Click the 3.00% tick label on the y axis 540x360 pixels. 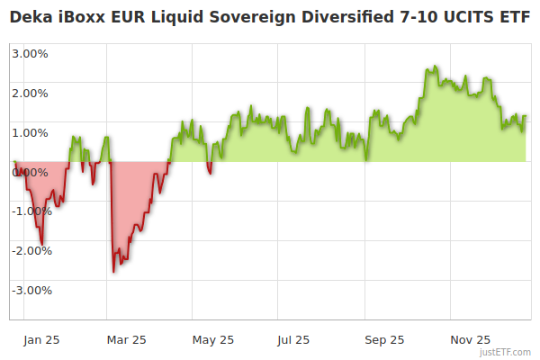31,53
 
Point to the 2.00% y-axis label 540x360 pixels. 31,93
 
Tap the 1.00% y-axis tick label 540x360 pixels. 31,132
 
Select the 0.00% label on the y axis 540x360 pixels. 31,172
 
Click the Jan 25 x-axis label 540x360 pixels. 41,340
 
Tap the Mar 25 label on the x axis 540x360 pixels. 126,340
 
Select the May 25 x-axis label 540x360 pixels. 213,340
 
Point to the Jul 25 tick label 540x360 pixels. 293,340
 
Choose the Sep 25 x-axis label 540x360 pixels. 384,340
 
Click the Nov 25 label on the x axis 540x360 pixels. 470,340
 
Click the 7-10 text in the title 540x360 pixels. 424,18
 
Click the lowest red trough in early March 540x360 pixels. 113,271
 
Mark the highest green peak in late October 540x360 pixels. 436,67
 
